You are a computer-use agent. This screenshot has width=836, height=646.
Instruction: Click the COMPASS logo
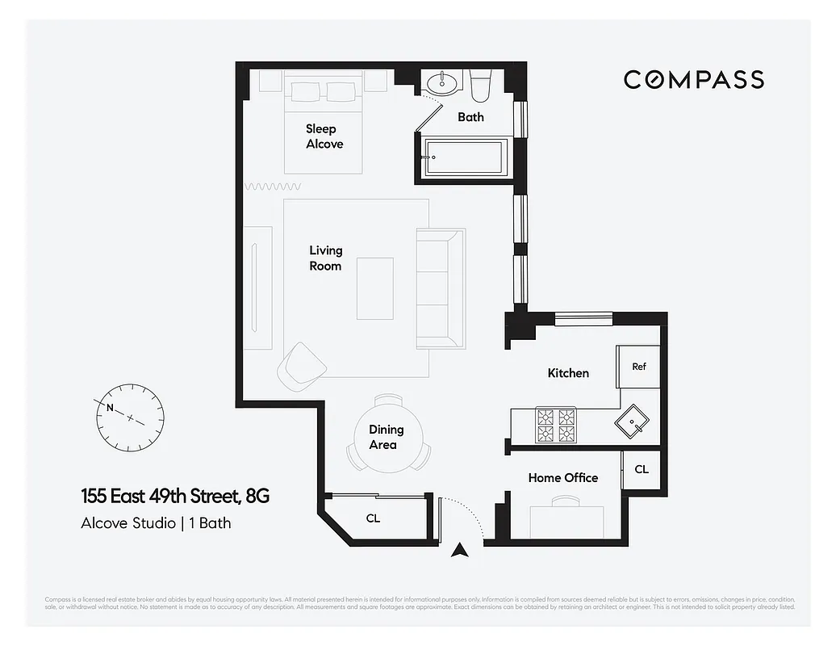point(693,79)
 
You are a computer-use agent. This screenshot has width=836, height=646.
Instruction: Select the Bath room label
point(470,117)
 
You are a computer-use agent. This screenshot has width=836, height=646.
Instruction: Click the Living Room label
point(325,258)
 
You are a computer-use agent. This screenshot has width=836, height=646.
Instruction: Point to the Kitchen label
point(568,373)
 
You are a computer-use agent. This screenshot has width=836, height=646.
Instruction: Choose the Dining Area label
point(386,438)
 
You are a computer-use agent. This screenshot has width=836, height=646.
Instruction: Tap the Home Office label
point(562,478)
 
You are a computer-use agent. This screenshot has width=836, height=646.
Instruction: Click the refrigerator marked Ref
point(639,367)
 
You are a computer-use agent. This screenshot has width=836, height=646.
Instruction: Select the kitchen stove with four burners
point(557,426)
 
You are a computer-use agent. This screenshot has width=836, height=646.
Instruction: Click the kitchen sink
point(631,422)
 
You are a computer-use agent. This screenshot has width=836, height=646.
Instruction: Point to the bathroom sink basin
point(441,82)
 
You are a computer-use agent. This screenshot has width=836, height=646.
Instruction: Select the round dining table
point(388,437)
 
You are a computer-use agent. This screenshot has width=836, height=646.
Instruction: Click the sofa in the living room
point(440,288)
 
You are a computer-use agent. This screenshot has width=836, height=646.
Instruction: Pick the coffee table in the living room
point(375,288)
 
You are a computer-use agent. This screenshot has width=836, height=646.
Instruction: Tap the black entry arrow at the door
point(460,551)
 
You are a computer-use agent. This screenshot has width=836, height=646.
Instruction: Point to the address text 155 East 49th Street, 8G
point(174,496)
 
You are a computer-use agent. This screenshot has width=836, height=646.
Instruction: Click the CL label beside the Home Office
point(641,469)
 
